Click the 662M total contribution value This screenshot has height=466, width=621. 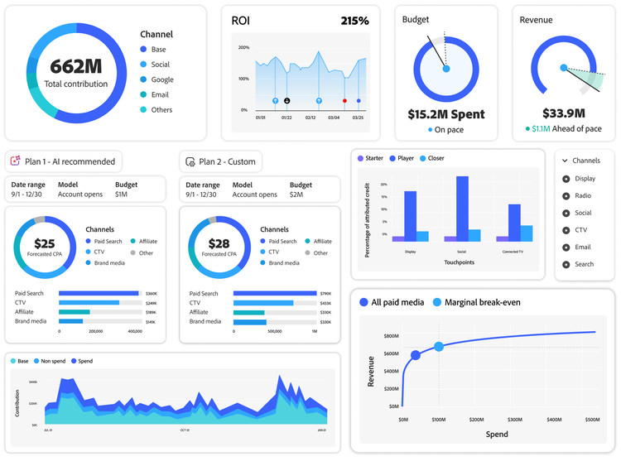click(75, 67)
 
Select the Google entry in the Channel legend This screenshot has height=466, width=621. click(161, 79)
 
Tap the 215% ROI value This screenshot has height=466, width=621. click(354, 21)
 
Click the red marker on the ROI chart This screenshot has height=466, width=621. click(344, 101)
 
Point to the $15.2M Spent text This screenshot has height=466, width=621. click(445, 114)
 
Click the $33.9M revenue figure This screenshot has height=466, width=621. click(563, 113)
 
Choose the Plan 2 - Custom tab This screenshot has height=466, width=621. click(221, 161)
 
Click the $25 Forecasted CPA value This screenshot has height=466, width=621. click(45, 243)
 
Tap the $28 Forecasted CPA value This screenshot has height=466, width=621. click(219, 243)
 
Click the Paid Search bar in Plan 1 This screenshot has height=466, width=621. click(99, 293)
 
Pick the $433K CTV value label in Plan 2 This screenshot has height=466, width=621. click(325, 303)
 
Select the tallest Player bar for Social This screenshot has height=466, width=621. click(462, 209)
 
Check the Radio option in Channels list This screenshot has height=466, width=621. click(583, 196)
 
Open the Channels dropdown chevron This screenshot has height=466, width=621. click(565, 161)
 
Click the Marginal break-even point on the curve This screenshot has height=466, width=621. click(439, 347)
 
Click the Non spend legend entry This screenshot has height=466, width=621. click(51, 361)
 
